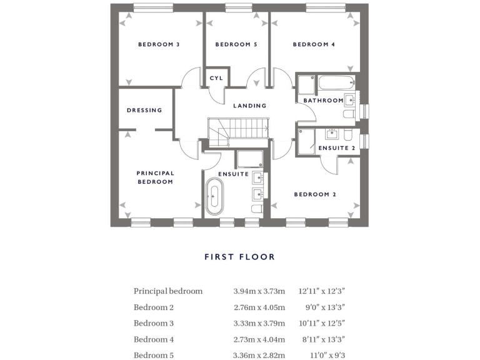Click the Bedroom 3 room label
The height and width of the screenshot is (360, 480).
[x=159, y=44]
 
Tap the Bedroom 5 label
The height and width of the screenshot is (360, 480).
[x=236, y=44]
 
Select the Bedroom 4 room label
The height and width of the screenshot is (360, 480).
[x=314, y=44]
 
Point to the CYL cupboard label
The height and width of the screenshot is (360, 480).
[x=216, y=78]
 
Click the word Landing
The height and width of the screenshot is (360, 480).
[x=250, y=106]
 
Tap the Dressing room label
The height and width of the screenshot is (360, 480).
[x=144, y=110]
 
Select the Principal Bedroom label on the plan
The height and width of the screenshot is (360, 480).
[x=155, y=177]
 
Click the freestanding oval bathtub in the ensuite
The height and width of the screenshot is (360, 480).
[x=214, y=196]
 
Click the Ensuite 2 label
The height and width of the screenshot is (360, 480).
[x=337, y=148]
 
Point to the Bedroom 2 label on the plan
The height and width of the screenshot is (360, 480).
[x=316, y=194]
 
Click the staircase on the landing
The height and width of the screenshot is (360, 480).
[x=237, y=130]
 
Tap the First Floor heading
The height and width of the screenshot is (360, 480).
[x=239, y=257]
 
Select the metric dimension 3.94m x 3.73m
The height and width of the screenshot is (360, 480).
[x=259, y=291]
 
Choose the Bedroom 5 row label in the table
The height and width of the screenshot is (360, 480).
[x=154, y=356]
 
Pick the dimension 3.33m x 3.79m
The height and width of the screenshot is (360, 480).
[x=259, y=323]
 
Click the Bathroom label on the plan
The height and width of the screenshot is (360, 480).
[x=323, y=101]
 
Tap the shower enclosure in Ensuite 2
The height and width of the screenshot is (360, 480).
[x=306, y=141]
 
